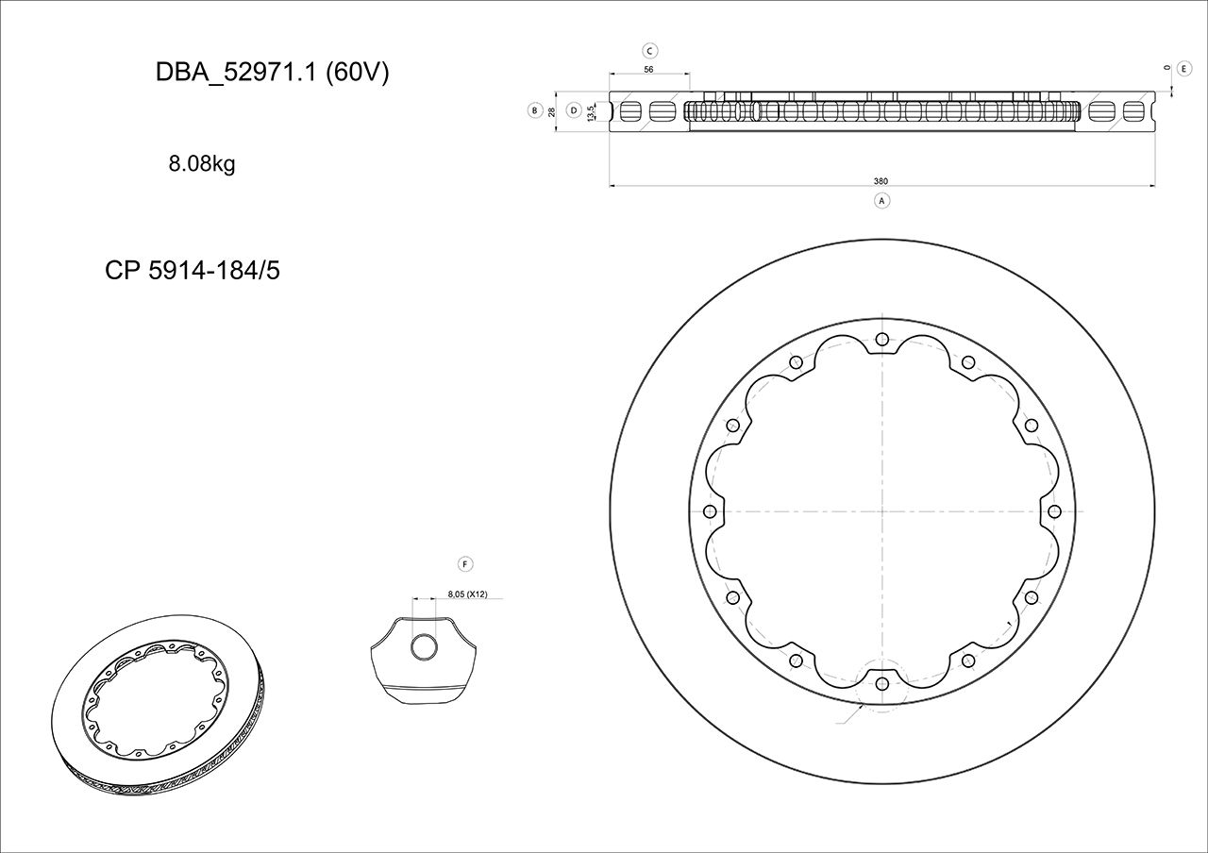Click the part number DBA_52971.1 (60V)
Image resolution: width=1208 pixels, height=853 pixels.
point(272,74)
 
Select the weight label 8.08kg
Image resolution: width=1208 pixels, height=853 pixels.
point(202,164)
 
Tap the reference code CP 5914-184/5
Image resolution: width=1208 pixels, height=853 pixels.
point(193,271)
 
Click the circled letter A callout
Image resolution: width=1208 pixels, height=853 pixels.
point(881,200)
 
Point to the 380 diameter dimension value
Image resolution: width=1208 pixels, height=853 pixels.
point(881,181)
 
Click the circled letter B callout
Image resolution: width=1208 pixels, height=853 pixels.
point(534,110)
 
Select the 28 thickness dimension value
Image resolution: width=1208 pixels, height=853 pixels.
point(552,111)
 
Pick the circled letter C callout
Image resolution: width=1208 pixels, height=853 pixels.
point(649,51)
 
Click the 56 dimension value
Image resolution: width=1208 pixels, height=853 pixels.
point(649,70)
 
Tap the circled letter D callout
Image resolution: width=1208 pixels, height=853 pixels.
point(573,110)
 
